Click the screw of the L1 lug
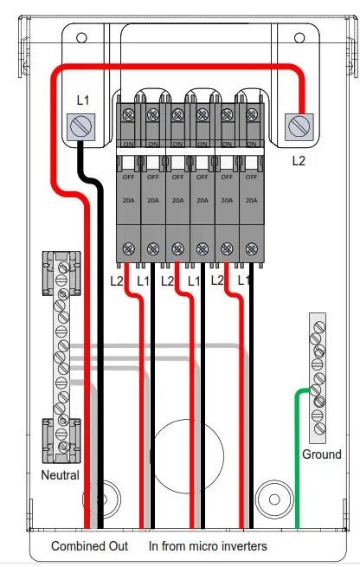[80, 129]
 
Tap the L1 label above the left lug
[82, 100]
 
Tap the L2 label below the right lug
[299, 160]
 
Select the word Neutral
[60, 475]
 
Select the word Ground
[321, 454]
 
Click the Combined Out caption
[89, 546]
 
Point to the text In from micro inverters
[208, 546]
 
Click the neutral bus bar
[61, 355]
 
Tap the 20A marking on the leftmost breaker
[128, 198]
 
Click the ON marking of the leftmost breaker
[128, 144]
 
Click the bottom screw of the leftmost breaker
[128, 248]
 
